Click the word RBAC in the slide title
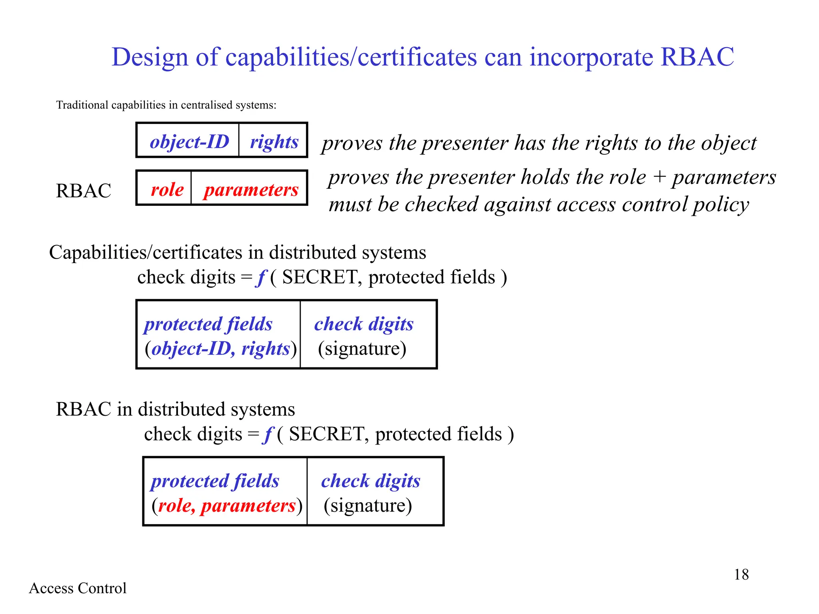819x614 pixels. (x=697, y=57)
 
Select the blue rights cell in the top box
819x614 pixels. (x=274, y=142)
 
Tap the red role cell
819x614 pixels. (x=167, y=189)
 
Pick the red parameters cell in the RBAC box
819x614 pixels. (x=251, y=189)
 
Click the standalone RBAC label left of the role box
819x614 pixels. (x=83, y=191)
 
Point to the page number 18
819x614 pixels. (x=741, y=574)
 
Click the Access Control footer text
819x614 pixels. (x=78, y=588)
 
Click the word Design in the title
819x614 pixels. (x=150, y=57)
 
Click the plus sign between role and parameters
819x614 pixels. (x=659, y=177)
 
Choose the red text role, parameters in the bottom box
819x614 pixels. (x=227, y=506)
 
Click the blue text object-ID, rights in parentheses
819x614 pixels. (x=220, y=349)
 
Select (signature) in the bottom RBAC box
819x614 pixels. (x=368, y=506)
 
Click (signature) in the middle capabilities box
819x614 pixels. (x=362, y=349)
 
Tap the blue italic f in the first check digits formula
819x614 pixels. (x=261, y=277)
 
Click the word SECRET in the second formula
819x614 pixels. (x=326, y=434)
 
